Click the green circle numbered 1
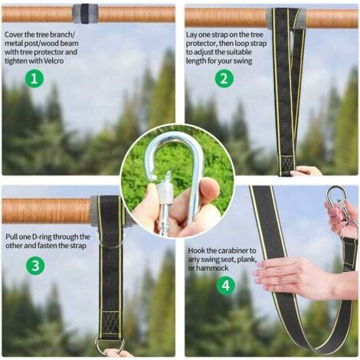coord(34,78)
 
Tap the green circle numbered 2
coord(224,78)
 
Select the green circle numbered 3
coord(35,266)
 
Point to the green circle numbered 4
coord(226,285)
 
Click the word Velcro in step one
coord(53,61)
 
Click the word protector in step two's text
coord(201,44)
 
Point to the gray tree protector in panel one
coord(85,14)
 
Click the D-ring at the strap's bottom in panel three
coord(110,345)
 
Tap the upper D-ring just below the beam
coord(110,240)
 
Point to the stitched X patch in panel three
coord(110,322)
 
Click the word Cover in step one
coord(14,34)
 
